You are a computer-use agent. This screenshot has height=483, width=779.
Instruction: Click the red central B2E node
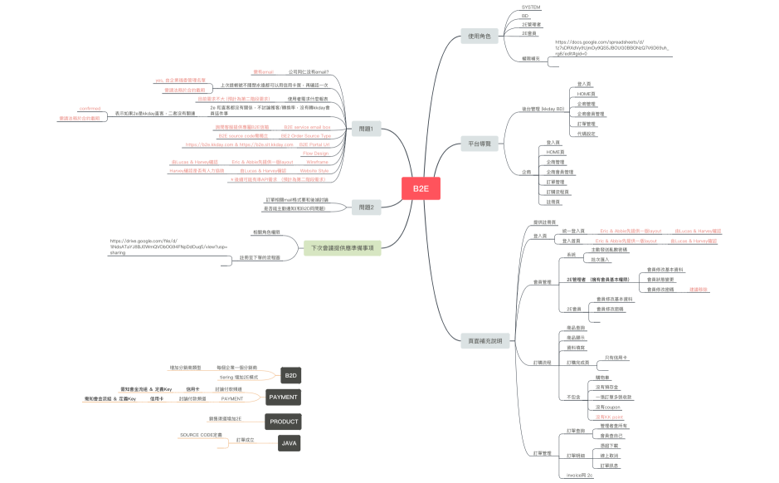pos(421,188)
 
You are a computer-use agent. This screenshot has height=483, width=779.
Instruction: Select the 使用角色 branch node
pos(480,37)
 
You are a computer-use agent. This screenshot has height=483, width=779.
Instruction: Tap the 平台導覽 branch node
pos(480,144)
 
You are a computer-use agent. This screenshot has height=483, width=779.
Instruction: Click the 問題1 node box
pos(366,129)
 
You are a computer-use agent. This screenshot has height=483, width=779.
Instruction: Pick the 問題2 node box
pos(366,207)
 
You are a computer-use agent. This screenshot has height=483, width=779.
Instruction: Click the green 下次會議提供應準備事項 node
pos(342,248)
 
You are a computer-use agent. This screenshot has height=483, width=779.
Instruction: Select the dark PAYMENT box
pos(284,398)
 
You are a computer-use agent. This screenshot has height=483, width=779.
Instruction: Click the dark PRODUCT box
pos(284,422)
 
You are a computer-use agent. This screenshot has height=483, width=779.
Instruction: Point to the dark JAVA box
pos(290,443)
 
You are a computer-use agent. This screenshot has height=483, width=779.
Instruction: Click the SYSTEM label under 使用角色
pos(531,7)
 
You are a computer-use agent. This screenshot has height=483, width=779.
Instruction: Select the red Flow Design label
pos(315,154)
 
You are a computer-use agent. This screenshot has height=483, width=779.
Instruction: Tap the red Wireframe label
pos(317,162)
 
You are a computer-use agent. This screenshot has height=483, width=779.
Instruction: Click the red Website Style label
pos(314,170)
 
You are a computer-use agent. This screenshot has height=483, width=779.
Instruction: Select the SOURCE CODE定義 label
pos(201,435)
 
